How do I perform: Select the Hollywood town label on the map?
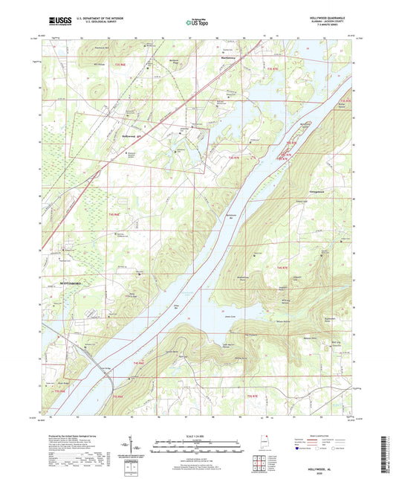click(x=131, y=137)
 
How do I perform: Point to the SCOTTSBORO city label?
click(x=65, y=283)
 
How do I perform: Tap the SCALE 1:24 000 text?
click(x=197, y=435)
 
